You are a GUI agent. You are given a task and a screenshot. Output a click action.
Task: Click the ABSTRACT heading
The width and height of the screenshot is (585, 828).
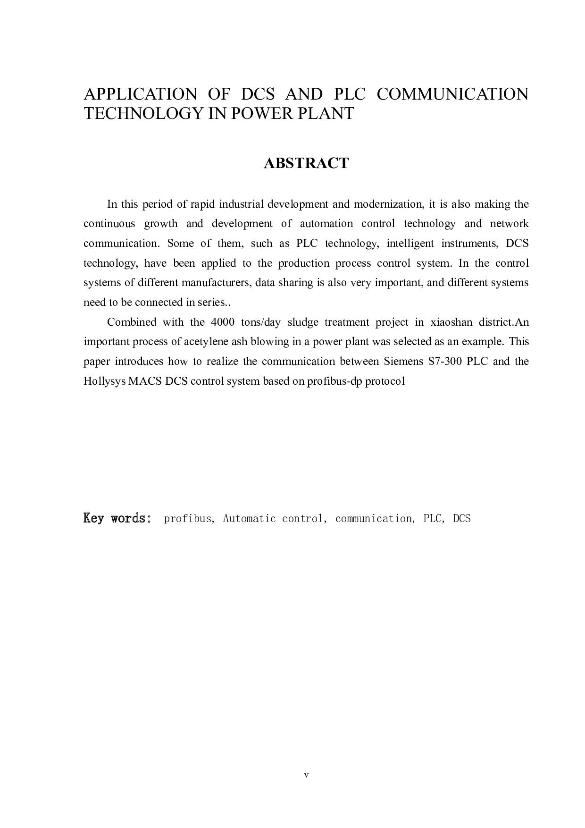[x=306, y=163]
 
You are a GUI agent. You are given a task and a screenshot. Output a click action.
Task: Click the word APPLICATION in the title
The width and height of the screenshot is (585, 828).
[x=140, y=94]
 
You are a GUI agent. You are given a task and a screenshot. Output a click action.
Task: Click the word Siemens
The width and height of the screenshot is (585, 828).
[x=401, y=362]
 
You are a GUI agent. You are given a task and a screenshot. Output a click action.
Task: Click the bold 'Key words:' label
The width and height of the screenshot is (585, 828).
[x=117, y=518]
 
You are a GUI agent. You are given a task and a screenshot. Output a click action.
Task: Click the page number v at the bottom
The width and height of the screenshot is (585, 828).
[x=306, y=775]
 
